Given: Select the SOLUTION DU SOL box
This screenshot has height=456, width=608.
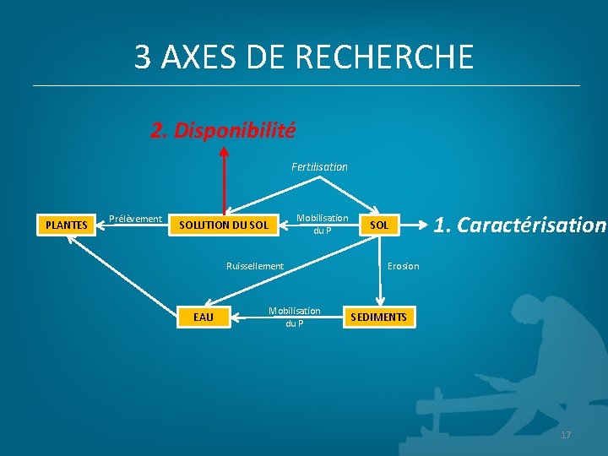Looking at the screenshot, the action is (x=225, y=225).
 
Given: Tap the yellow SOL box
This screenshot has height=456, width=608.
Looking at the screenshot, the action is (x=380, y=225).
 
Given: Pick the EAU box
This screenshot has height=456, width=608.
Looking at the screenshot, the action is (x=204, y=317).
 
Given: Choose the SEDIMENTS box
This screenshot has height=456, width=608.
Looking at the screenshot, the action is (x=379, y=317).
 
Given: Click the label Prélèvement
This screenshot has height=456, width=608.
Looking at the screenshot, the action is (x=135, y=219).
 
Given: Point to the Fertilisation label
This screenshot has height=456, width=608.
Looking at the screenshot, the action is (x=319, y=167).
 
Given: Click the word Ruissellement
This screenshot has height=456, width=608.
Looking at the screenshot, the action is (x=255, y=266).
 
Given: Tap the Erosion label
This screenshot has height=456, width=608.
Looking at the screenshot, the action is (x=403, y=266).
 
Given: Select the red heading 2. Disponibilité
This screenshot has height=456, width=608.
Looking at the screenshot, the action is (x=223, y=131).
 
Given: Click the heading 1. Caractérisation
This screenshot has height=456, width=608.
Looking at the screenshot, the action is (x=519, y=225).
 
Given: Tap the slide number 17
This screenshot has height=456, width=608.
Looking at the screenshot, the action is (x=566, y=435).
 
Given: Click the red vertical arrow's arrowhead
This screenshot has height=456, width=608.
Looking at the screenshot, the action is (x=225, y=152).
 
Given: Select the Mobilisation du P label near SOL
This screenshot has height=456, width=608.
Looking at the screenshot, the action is (x=322, y=224).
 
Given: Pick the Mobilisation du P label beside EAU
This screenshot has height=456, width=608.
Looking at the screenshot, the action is (x=294, y=317).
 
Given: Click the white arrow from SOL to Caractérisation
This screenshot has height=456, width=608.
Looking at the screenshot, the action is (x=414, y=225).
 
